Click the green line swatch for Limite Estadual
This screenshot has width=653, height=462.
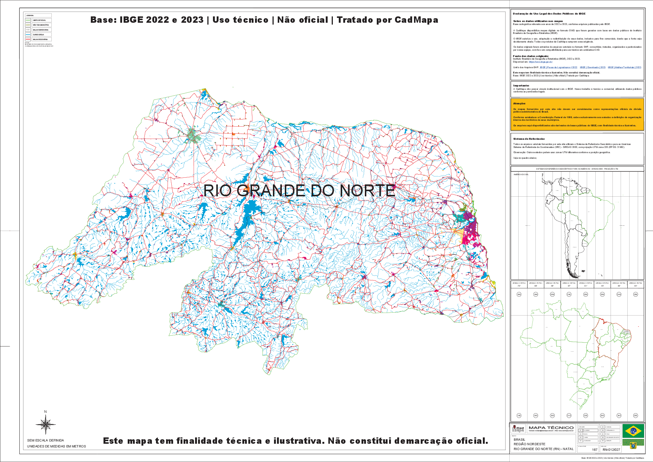[28, 20]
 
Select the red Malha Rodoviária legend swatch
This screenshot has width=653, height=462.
[28, 39]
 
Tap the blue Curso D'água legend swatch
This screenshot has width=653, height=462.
[28, 34]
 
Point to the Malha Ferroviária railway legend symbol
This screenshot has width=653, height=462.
[28, 30]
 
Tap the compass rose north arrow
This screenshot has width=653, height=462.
[45, 425]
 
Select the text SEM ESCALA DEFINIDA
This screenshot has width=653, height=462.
[45, 440]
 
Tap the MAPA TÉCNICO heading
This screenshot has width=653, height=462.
[551, 428]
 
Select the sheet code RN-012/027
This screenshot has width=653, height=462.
[611, 450]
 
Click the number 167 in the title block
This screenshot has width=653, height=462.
[595, 450]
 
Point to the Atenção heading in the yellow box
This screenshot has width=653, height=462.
[519, 104]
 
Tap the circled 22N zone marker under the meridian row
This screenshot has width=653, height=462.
[586, 294]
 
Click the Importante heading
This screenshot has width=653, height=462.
[521, 86]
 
